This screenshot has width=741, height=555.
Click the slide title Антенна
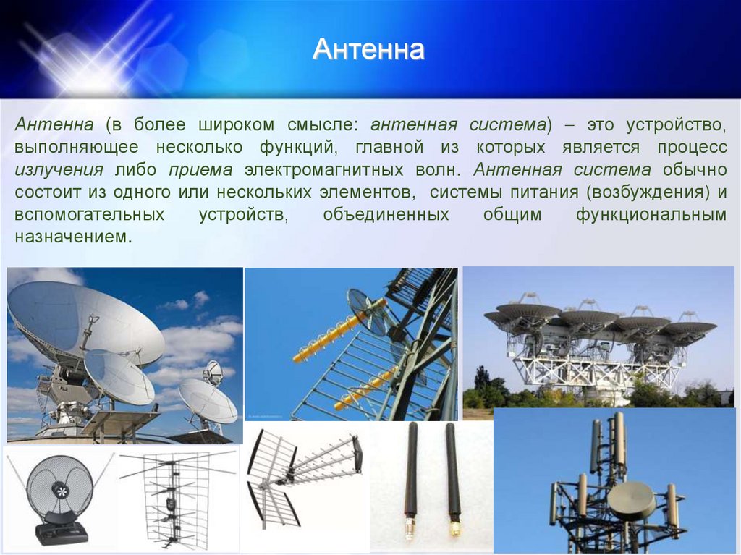368,49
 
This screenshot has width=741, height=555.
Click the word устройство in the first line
676,124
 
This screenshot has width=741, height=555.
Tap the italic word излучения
59,170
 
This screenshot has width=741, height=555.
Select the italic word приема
200,170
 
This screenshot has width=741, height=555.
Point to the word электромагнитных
323,170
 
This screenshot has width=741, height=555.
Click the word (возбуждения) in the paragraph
648,192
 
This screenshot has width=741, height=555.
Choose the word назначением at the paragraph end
73,237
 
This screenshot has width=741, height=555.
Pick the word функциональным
651,215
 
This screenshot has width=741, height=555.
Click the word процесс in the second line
692,148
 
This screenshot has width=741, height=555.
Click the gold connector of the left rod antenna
410,528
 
